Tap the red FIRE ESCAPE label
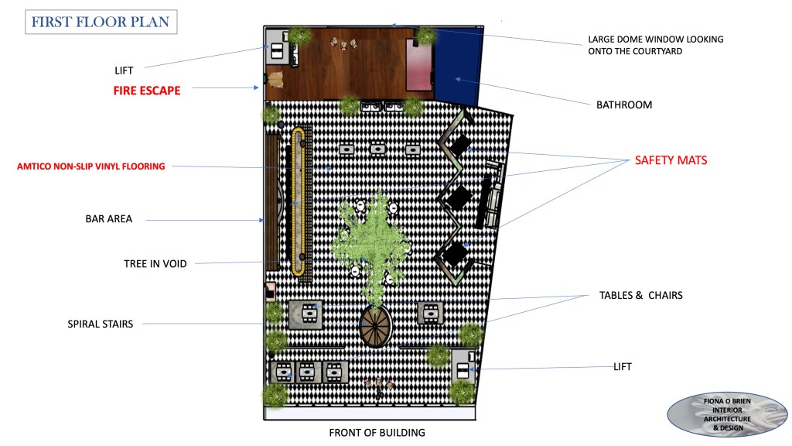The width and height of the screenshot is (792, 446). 146,91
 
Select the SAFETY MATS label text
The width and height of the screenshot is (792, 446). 671,161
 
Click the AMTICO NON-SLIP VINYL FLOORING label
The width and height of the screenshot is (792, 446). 91,166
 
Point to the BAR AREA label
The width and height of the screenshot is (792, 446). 108,219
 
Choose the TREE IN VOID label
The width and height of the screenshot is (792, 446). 155,264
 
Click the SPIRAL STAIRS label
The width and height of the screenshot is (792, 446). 100,324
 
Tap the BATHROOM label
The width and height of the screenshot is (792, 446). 623,105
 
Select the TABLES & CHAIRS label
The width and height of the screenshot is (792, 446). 640,296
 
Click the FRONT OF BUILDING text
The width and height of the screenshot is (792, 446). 377,433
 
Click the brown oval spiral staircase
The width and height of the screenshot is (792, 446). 376,326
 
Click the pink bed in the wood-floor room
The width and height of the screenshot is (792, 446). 418,64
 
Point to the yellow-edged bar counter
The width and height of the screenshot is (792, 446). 298,201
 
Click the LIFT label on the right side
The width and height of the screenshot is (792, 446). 622,366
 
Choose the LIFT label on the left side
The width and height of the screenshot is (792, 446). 124,70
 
